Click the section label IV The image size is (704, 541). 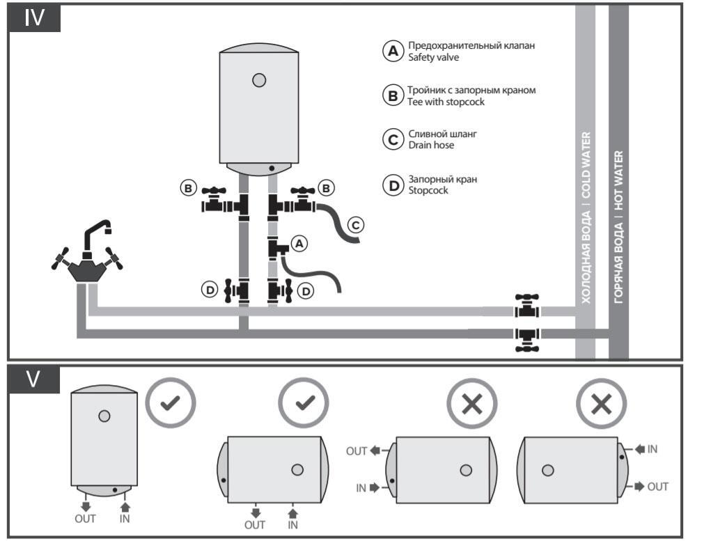click(x=34, y=18)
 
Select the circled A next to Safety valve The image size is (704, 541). click(x=393, y=51)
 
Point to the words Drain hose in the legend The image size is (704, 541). click(x=431, y=145)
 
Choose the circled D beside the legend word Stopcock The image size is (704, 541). click(x=393, y=185)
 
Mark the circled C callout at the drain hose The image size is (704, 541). click(x=354, y=224)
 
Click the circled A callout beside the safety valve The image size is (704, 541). click(x=299, y=243)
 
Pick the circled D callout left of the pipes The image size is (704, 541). click(x=210, y=290)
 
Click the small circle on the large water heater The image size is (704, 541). click(x=259, y=80)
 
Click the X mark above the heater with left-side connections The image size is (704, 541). click(x=471, y=404)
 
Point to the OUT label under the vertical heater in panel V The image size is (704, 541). click(x=84, y=518)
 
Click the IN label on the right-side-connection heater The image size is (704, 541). click(x=652, y=449)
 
